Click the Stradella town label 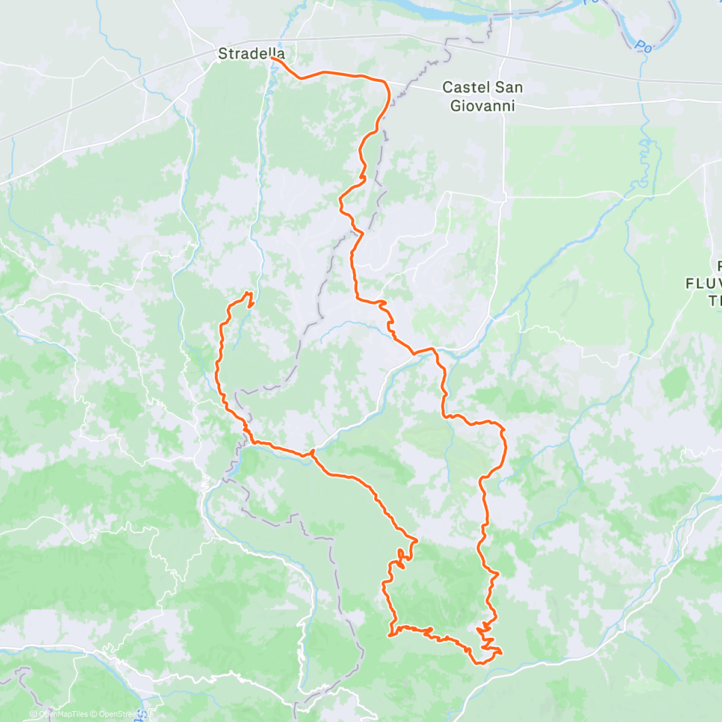(251, 54)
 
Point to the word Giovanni (483, 106)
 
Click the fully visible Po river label (643, 46)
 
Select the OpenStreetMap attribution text (123, 714)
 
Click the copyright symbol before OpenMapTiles (34, 714)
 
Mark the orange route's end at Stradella (273, 58)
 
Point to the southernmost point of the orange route (478, 664)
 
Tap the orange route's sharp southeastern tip (501, 652)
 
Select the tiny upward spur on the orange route (312, 451)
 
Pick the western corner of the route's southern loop (390, 635)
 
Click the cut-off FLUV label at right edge (704, 283)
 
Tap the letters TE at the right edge (714, 300)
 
